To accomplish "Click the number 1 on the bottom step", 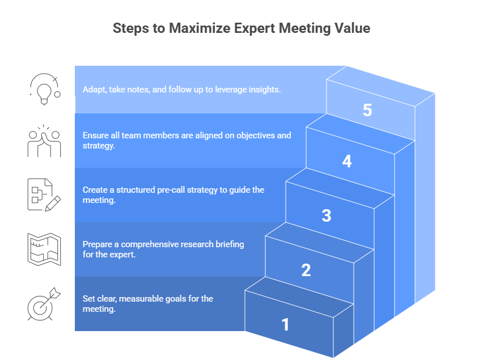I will point(285,325).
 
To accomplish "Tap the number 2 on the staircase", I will point(306,270).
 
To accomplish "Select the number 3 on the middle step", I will point(326,216).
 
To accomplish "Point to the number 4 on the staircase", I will point(347,162).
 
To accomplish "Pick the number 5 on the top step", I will point(367,110).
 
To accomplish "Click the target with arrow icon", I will point(44,303).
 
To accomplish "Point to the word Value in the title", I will point(351,28).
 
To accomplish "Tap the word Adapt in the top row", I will point(94,90).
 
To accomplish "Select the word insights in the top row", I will point(265,90).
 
